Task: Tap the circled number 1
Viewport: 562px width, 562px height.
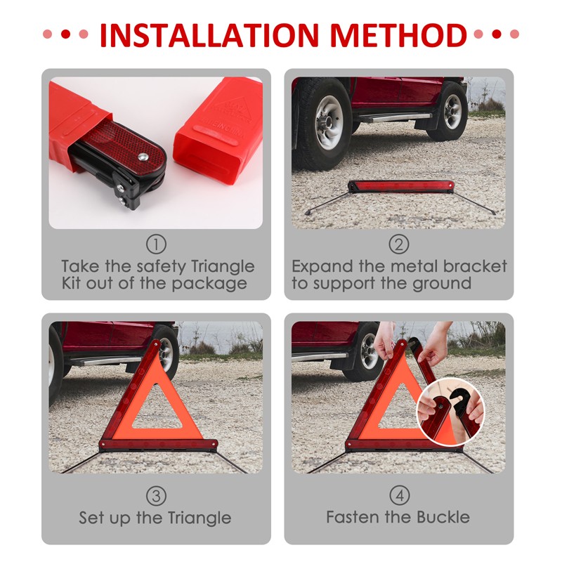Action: click(x=156, y=244)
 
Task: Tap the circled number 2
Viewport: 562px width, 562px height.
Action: click(x=399, y=244)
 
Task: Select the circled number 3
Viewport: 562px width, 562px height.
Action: click(x=156, y=496)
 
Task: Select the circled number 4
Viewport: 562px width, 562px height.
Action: click(x=399, y=496)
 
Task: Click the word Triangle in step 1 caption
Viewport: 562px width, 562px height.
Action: click(x=222, y=267)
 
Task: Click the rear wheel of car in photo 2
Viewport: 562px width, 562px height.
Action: click(x=450, y=112)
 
